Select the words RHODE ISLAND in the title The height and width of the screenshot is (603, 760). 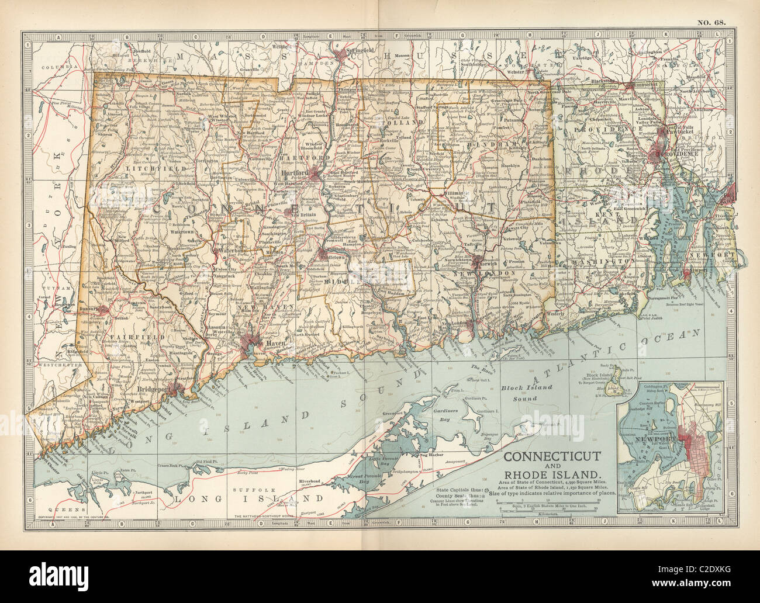pyautogui.click(x=555, y=474)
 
